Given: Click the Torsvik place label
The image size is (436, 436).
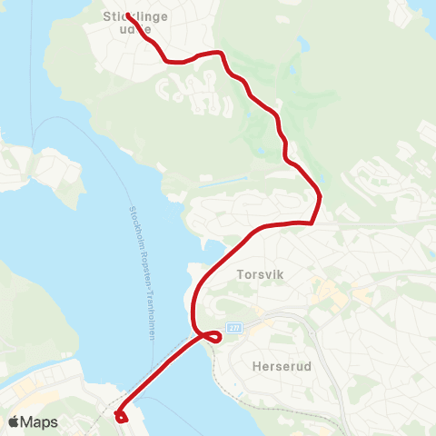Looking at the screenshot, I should click(261, 272).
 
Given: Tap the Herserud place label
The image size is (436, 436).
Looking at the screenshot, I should click(272, 367).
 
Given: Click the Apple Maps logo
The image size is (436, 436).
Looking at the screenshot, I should click(33, 421).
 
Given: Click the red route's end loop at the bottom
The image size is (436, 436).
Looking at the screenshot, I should click(119, 417).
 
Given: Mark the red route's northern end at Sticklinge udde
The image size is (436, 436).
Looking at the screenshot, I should click(127, 15).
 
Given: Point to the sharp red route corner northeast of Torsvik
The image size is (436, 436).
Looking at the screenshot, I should click(312, 221).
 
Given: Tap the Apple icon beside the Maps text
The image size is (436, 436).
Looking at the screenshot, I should click(13, 421).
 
